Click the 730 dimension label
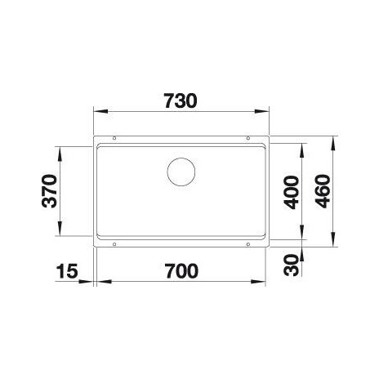pos(181,101)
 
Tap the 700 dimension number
pos(181,271)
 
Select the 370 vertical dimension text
pos(50,191)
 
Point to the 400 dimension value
pos(291,193)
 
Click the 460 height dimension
pos(323,191)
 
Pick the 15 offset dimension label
pos(67,271)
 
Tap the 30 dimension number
pos(291,265)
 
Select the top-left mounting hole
pos(114,138)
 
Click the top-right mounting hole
pos(247,138)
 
